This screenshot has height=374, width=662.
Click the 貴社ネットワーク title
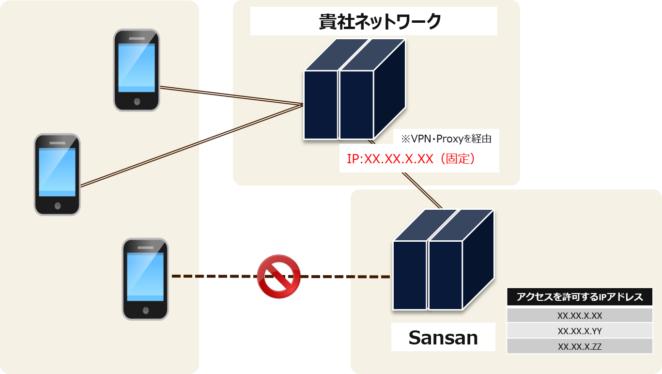[373, 21]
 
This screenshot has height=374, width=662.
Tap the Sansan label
[443, 337]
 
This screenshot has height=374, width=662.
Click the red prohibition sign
[278, 276]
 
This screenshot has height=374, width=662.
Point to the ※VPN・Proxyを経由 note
[446, 139]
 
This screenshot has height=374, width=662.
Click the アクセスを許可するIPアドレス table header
[579, 297]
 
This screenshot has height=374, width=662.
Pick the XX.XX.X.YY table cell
[579, 331]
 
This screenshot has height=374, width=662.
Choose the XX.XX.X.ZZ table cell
[579, 346]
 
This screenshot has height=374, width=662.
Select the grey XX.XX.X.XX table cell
[579, 315]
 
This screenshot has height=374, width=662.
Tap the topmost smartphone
[137, 70]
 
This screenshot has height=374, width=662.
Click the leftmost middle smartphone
[57, 174]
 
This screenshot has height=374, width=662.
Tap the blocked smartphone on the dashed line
[145, 279]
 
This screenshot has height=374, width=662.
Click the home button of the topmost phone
[137, 101]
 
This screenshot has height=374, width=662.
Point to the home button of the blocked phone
[145, 310]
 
